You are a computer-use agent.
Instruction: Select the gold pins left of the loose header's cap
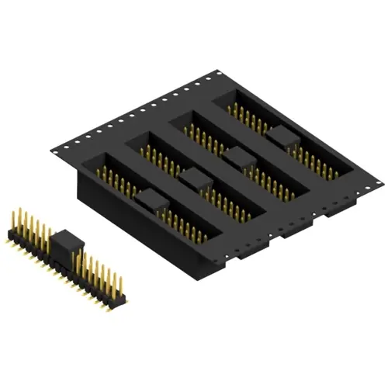29,225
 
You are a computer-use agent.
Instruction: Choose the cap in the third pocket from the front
239,158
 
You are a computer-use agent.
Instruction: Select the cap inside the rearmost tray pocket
282,138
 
